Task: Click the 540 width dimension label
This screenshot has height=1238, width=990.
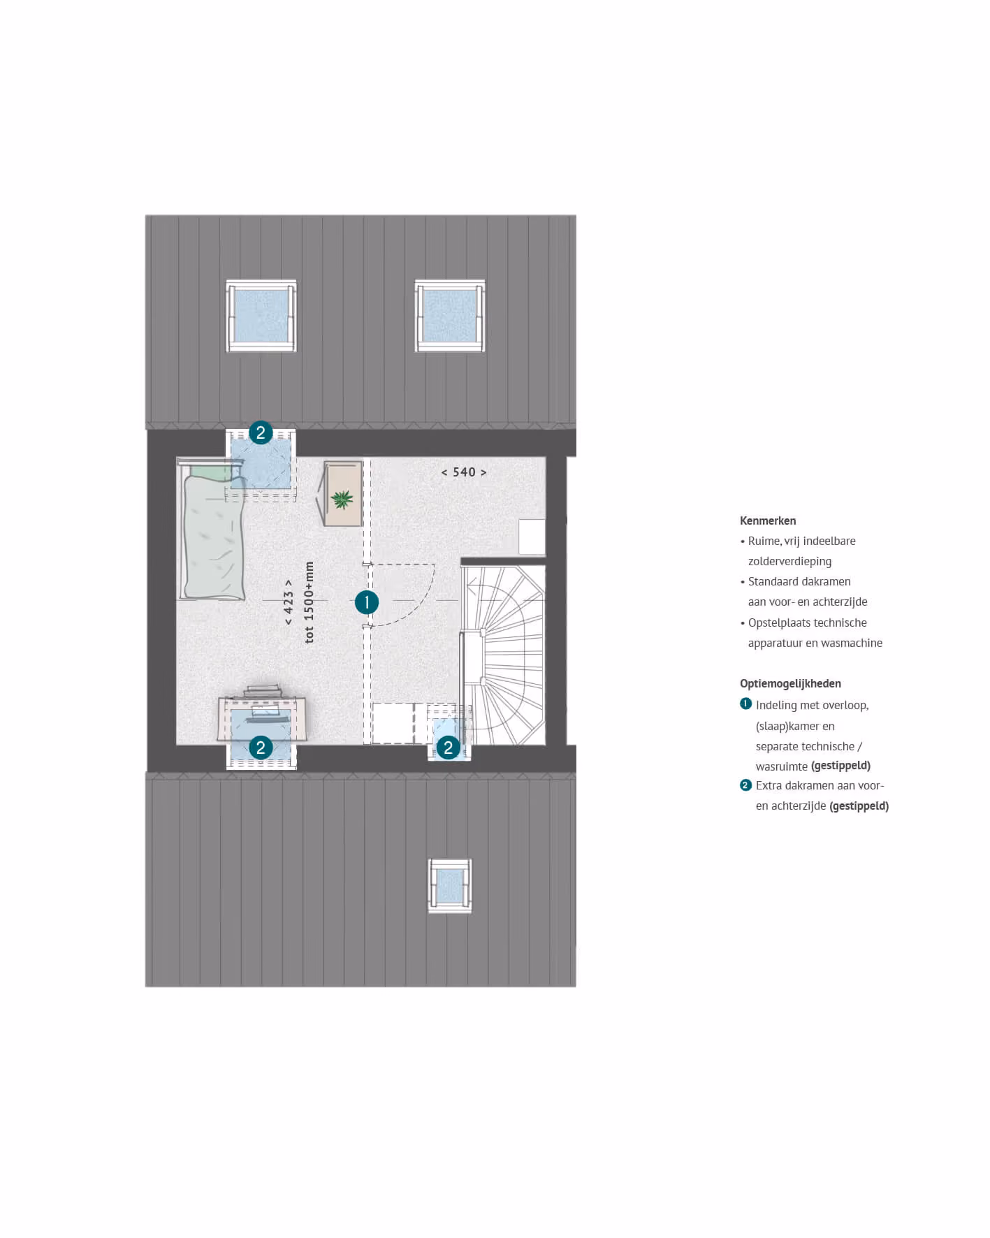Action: [464, 472]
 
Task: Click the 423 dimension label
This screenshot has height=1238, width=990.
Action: [289, 602]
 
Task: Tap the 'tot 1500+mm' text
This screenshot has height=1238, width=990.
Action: [309, 602]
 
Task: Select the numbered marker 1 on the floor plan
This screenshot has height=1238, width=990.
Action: [367, 602]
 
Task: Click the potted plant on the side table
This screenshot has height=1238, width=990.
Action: [342, 499]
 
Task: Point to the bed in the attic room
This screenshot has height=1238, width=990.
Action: [212, 530]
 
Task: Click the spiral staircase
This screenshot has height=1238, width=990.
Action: [503, 655]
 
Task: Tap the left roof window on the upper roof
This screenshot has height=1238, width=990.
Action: [261, 316]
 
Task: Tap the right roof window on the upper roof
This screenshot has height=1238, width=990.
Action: [450, 316]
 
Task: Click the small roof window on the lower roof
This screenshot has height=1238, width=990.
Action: [450, 886]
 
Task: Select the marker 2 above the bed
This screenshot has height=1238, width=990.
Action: [261, 432]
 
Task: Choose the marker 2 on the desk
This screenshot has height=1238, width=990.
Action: [261, 748]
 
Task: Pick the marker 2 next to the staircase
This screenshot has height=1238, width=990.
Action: [449, 748]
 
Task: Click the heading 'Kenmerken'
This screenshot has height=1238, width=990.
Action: [768, 520]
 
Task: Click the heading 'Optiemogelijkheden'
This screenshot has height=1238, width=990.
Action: [790, 683]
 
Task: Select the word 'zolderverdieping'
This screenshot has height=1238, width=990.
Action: [789, 561]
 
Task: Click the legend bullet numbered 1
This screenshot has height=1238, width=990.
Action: [745, 704]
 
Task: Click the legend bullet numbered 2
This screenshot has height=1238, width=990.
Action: [745, 785]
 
